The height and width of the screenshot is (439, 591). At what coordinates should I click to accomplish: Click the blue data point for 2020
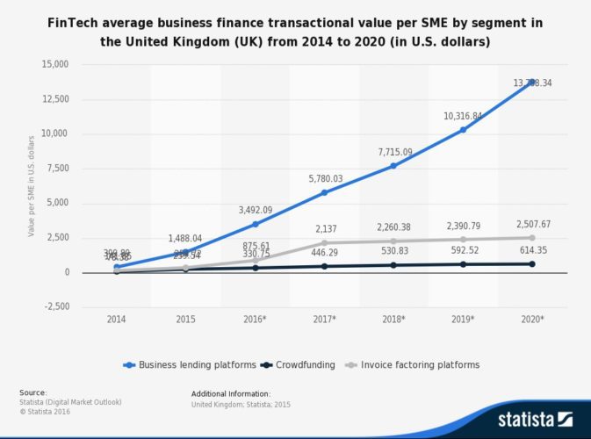point(532,82)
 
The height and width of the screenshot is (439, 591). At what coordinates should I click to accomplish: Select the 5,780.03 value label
point(325,178)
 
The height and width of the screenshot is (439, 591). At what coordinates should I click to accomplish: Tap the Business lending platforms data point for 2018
point(393,166)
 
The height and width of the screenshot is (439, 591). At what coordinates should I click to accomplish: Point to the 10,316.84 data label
point(462,116)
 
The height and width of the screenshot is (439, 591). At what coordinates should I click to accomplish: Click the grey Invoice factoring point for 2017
point(324,242)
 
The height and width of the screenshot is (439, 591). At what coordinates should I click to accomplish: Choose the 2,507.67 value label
point(532,224)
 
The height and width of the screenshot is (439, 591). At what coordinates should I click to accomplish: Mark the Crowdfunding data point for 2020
point(532,263)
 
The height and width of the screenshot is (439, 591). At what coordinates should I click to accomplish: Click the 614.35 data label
point(532,251)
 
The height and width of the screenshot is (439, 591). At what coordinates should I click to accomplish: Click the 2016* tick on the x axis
point(255,320)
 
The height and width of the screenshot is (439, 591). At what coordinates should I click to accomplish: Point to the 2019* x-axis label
point(463,320)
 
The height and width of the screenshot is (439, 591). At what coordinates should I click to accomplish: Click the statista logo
point(531,416)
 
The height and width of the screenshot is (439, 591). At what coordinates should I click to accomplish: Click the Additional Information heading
point(230,393)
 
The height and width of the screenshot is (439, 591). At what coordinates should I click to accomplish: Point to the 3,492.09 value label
point(256,210)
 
